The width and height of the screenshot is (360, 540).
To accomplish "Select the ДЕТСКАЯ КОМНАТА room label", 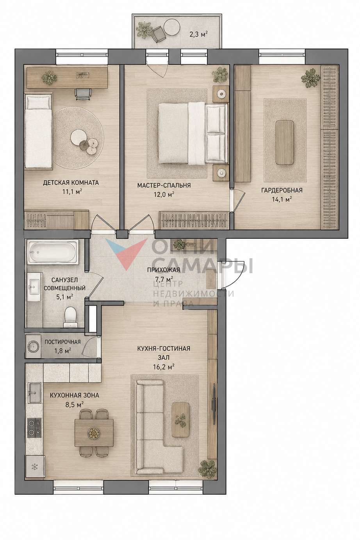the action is tap(71, 182).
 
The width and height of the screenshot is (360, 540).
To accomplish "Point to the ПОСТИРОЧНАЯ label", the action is tap(62, 342).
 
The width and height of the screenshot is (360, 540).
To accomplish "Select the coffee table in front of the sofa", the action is tap(180, 420).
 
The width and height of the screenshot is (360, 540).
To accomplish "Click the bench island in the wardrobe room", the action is tap(285, 142).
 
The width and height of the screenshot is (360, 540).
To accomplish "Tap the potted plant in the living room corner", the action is tap(207, 469).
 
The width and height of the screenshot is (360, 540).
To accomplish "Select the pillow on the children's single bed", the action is tap(39, 102).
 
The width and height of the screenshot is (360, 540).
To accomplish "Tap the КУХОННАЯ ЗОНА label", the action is tap(75, 395).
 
